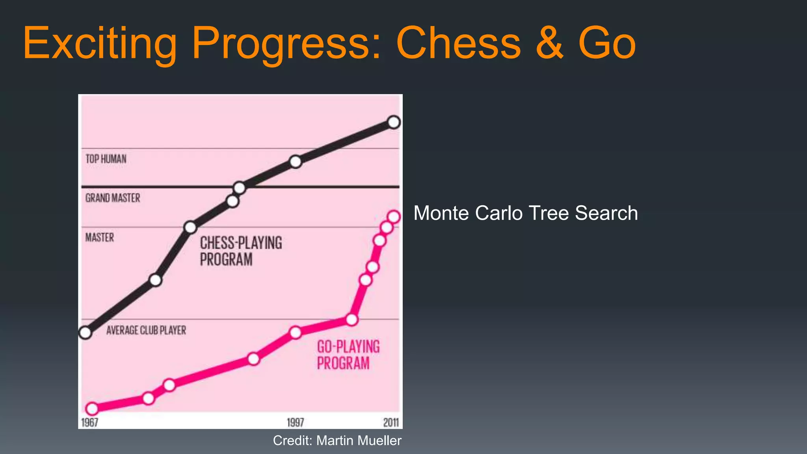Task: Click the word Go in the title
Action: coord(607,43)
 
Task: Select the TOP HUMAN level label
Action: coord(106,159)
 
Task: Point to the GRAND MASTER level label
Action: coord(113,198)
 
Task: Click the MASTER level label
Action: coord(100,237)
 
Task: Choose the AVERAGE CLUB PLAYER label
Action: coord(146,330)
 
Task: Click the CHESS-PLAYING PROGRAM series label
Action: coord(241,251)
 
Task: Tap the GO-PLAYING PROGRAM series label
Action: coord(348,355)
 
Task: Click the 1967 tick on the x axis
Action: coord(89,422)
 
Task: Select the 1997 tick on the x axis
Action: coord(295,422)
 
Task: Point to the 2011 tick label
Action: coord(391,422)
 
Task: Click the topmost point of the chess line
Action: coord(394,122)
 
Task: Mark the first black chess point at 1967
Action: coord(85,333)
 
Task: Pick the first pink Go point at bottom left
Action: coord(92,409)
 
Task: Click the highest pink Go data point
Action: coord(394,217)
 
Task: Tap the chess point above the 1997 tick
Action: coord(296,162)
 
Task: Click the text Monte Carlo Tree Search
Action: coord(525,213)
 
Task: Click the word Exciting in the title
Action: coord(100,43)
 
